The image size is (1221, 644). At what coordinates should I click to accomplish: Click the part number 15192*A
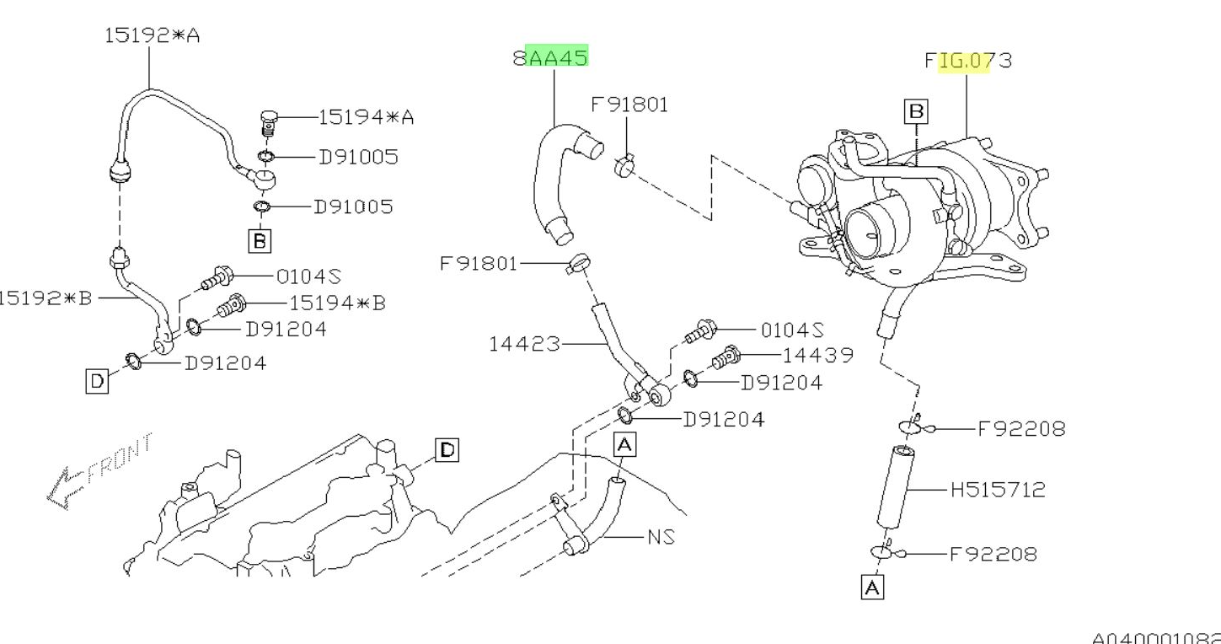(x=152, y=36)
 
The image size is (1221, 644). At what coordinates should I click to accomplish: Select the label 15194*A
(x=366, y=117)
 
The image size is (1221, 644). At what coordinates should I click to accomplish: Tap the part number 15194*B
(x=337, y=303)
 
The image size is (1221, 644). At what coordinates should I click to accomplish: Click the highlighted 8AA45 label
(x=551, y=58)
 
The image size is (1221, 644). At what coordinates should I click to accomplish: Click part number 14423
(x=524, y=344)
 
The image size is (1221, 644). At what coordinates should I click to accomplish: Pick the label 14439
(x=817, y=356)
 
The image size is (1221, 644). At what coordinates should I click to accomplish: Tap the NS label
(x=661, y=536)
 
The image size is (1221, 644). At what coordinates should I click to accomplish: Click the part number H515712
(x=998, y=489)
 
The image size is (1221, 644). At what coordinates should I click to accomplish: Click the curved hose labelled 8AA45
(x=552, y=181)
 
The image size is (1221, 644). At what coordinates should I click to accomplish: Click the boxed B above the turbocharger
(x=915, y=110)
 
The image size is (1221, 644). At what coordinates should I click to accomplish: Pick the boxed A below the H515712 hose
(x=872, y=588)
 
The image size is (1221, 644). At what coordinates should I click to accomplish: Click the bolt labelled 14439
(x=724, y=358)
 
